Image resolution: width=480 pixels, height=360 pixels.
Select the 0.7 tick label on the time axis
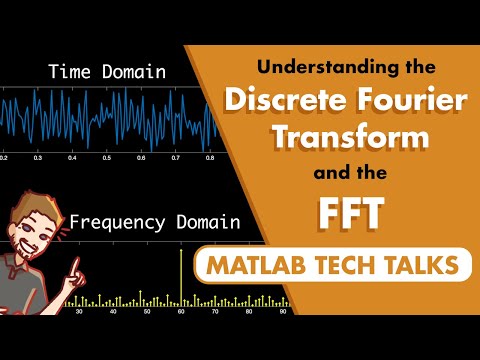click(x=176, y=159)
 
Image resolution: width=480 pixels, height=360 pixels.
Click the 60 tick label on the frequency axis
click(x=181, y=312)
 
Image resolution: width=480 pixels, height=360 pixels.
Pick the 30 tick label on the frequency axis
click(x=79, y=312)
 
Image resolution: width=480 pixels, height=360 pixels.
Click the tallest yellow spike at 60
click(x=181, y=275)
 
